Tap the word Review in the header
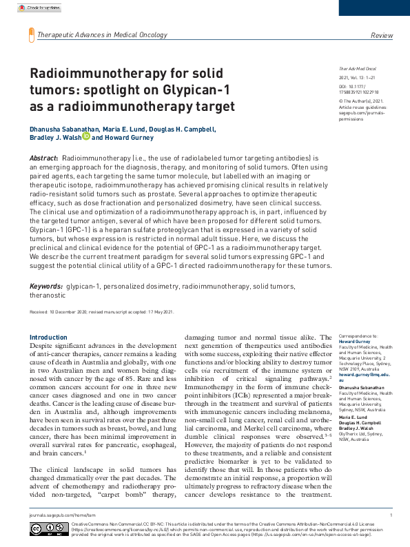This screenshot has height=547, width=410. (382, 34)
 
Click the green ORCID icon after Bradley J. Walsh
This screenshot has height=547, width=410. (86, 136)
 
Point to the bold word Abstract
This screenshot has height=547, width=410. (43, 158)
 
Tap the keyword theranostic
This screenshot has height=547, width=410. (48, 294)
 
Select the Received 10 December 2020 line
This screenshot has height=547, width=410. (101, 312)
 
